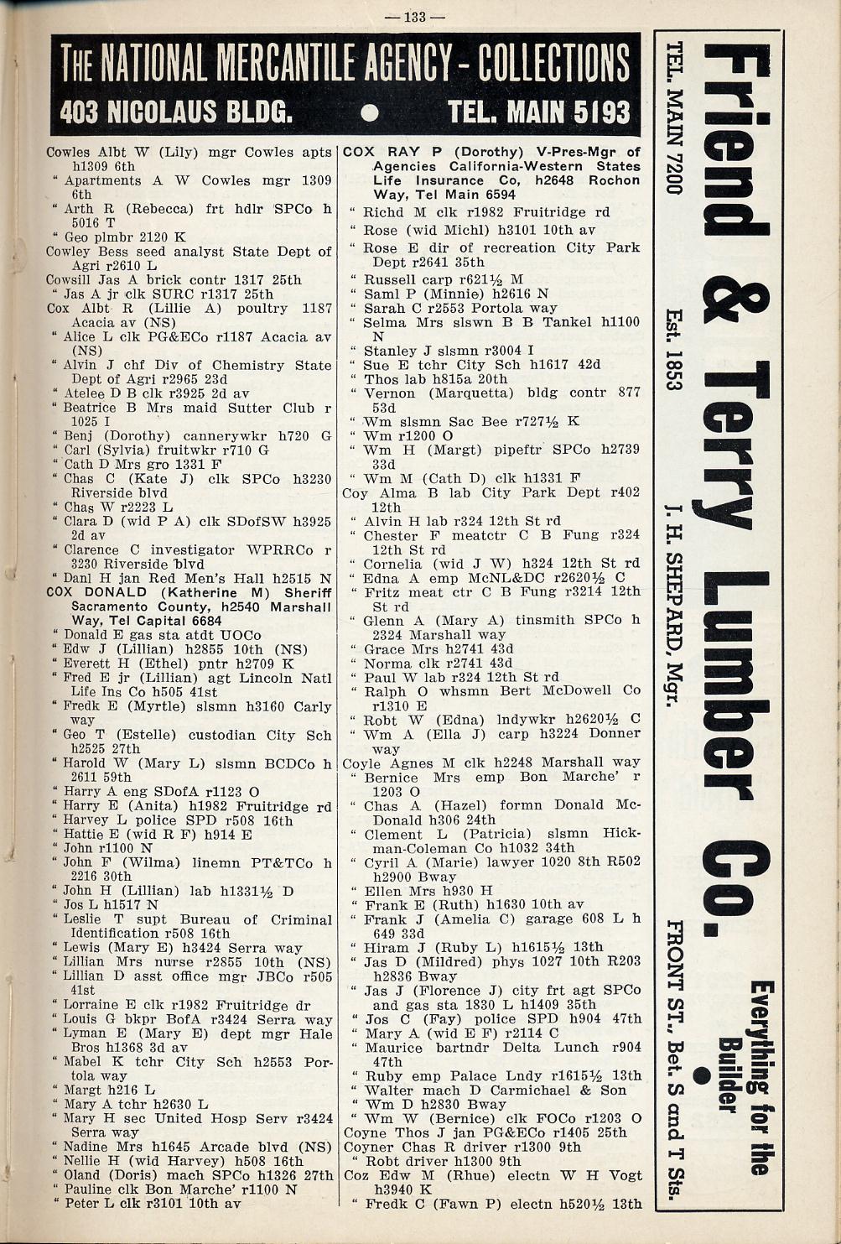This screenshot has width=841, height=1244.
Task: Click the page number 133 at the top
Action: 415,16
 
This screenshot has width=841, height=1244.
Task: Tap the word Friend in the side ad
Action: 736,140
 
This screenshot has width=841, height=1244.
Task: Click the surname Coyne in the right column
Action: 365,1132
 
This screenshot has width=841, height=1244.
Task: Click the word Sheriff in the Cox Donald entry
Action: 310,592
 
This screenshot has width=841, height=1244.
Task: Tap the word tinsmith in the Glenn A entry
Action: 545,620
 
